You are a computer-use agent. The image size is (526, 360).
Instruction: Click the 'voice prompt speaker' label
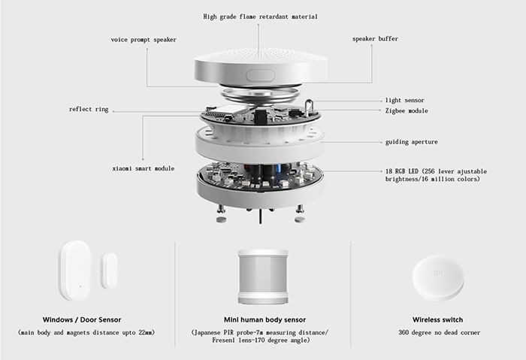coord(144,39)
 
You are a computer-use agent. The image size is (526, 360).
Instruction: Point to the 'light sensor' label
coord(404,100)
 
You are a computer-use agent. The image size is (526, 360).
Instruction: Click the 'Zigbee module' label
coord(407,110)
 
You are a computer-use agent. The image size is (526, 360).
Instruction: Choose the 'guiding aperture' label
coord(411,141)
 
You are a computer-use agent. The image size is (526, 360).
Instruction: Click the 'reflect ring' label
coord(89,110)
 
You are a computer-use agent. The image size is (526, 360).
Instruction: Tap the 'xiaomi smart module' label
coord(142,168)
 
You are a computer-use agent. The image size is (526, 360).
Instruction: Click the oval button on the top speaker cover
coord(261,74)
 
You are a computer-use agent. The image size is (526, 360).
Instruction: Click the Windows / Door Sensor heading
coord(88,319)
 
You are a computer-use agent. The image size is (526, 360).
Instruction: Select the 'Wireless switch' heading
coord(437,319)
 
